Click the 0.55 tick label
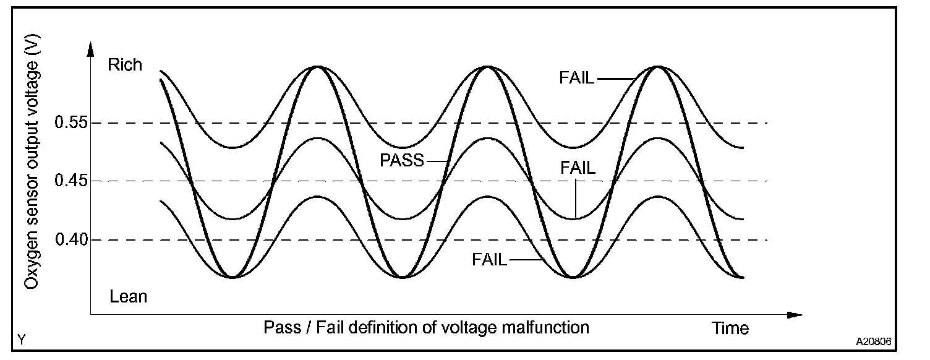pyautogui.click(x=70, y=123)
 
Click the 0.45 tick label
pyautogui.click(x=70, y=181)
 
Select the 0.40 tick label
pyautogui.click(x=70, y=239)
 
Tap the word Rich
pyautogui.click(x=125, y=65)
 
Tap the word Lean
pyautogui.click(x=129, y=296)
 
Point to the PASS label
pyautogui.click(x=402, y=161)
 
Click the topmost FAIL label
pyautogui.click(x=576, y=78)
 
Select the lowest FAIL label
pyautogui.click(x=489, y=260)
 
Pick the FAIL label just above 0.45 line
pyautogui.click(x=578, y=168)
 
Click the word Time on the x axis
pyautogui.click(x=730, y=328)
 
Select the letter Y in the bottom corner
pyautogui.click(x=22, y=339)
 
